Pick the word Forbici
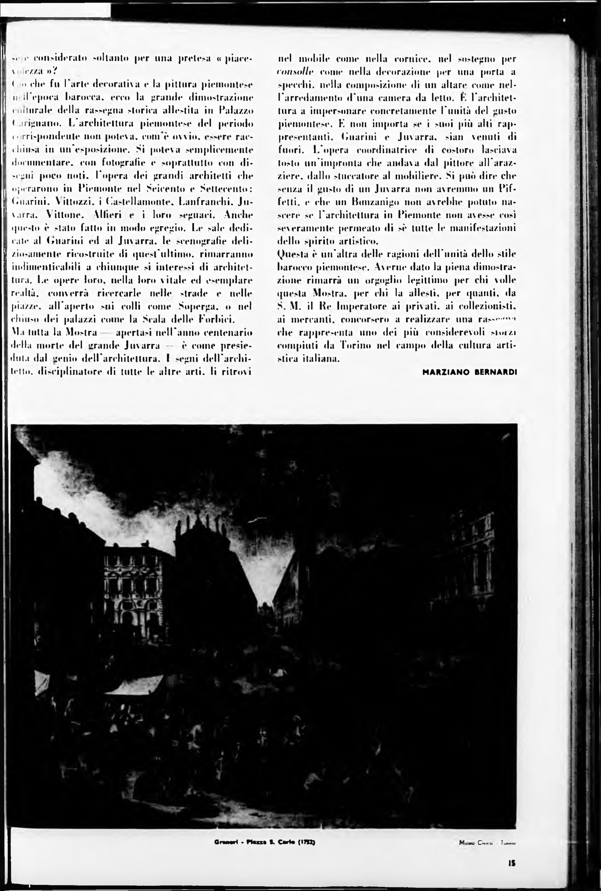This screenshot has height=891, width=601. (x=215, y=320)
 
